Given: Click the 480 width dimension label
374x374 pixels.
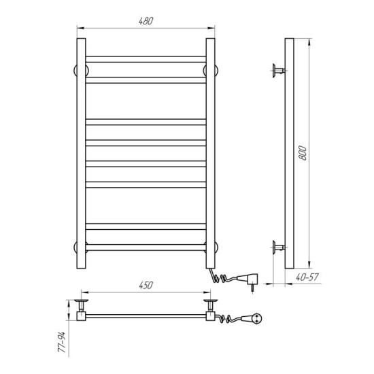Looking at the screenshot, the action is [x=146, y=21].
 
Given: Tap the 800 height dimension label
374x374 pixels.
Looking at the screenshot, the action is [x=303, y=153].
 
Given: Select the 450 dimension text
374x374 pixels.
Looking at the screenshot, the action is [x=146, y=286].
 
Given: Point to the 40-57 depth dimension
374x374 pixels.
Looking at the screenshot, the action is [x=307, y=277].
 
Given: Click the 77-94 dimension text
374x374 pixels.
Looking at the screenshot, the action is [x=61, y=342].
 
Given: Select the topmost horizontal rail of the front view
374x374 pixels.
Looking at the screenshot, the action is [x=146, y=59].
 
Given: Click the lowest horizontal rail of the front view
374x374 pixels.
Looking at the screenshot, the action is [x=146, y=248].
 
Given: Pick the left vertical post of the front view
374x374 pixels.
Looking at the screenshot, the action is [x=81, y=154].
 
